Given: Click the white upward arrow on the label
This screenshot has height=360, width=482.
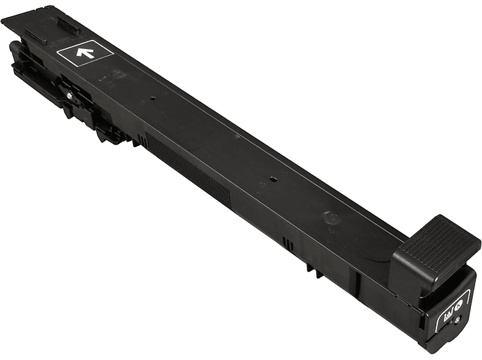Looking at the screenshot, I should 84,53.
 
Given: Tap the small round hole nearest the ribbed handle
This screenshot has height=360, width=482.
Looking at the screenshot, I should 270,180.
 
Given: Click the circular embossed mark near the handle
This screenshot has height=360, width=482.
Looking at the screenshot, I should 330,218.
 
